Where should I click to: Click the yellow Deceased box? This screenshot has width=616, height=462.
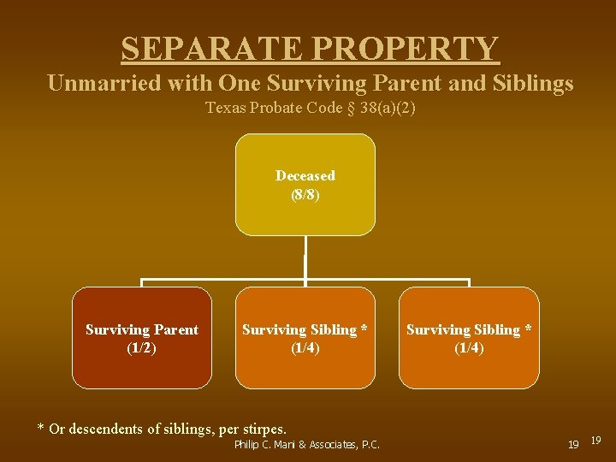coord(305,184)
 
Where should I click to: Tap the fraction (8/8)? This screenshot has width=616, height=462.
coord(305,194)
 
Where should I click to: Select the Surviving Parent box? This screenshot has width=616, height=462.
coord(142,338)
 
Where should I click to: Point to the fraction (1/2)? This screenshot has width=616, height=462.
coord(142,348)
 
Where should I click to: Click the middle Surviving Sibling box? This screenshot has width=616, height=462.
coord(305,338)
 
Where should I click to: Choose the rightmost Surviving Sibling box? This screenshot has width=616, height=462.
coord(469,338)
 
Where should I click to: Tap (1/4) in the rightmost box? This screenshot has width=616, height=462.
coord(469,348)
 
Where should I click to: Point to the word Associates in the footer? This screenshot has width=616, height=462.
coord(325,444)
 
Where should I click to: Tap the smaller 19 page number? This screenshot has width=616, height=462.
coord(596,440)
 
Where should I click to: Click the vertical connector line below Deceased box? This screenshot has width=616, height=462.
coord(305,257)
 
